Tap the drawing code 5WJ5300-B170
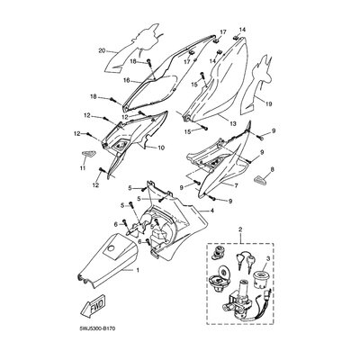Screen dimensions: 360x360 pyautogui.click(x=97, y=328)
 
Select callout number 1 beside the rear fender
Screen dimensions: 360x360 pyautogui.click(x=138, y=270)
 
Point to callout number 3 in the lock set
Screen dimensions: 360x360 pyautogui.click(x=268, y=258)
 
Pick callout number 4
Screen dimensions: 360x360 pyautogui.click(x=211, y=211)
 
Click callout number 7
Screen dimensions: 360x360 pyautogui.click(x=236, y=186)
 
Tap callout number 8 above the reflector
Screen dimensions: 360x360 pyautogui.click(x=272, y=170)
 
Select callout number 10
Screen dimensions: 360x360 pyautogui.click(x=161, y=148)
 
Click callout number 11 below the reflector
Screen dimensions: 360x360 pyautogui.click(x=83, y=167)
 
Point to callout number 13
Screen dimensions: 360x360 pyautogui.click(x=233, y=123)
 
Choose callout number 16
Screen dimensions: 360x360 pyautogui.click(x=126, y=80)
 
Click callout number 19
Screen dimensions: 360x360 pyautogui.click(x=268, y=104)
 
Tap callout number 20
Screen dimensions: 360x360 pyautogui.click(x=103, y=51)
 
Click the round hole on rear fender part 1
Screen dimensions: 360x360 pyautogui.click(x=112, y=248)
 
